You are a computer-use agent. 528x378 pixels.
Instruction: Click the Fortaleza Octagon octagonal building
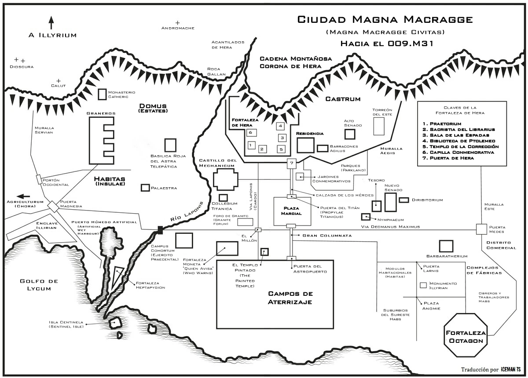coord(465,335)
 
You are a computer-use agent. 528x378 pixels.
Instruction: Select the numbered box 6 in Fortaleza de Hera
coord(250,132)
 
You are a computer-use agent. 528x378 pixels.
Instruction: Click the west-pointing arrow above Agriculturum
coord(24,196)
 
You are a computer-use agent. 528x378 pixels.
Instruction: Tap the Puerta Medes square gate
coord(481,229)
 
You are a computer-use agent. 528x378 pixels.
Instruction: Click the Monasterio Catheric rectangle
coord(102,94)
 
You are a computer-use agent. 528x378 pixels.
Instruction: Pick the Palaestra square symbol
coord(144,188)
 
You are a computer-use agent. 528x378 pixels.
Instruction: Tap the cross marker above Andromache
coord(178,23)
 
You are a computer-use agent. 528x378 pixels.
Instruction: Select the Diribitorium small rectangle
coord(404,200)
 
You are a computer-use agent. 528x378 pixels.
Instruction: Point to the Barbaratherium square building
coord(446,246)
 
